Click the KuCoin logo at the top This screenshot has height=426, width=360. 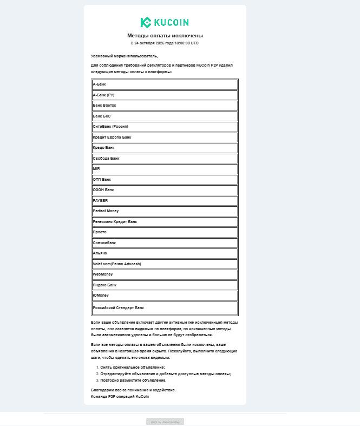[x=165, y=22]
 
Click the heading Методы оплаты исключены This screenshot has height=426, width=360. [x=165, y=36]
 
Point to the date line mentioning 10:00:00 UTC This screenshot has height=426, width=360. [x=165, y=43]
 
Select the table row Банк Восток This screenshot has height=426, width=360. [x=165, y=106]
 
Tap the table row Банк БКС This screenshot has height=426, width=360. [x=165, y=116]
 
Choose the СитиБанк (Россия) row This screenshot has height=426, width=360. [x=165, y=127]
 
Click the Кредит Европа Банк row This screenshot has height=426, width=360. [x=165, y=137]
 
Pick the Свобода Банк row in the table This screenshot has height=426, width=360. [x=165, y=159]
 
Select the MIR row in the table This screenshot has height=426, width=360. [x=165, y=169]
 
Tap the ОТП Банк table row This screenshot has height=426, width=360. [x=165, y=179]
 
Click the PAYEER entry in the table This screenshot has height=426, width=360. [x=165, y=200]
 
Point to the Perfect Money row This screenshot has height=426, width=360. [x=165, y=211]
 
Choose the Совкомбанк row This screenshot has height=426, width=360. [x=165, y=243]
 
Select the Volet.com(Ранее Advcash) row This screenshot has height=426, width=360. [x=165, y=264]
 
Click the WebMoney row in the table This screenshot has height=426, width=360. [x=165, y=274]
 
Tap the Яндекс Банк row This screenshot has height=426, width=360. [x=165, y=285]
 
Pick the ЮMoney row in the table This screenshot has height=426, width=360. [x=165, y=296]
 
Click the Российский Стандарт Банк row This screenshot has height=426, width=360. [x=165, y=307]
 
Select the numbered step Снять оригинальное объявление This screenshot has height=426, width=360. [x=133, y=368]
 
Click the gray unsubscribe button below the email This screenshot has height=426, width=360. [x=165, y=422]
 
